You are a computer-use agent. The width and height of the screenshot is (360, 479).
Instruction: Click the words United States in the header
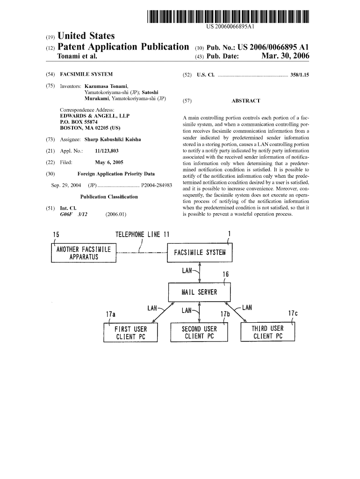click(x=85, y=36)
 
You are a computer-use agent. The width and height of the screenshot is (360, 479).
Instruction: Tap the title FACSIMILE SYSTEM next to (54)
click(x=86, y=74)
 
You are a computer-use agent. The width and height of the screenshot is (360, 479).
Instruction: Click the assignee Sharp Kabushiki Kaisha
click(x=112, y=139)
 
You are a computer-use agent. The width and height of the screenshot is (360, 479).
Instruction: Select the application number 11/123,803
click(x=106, y=151)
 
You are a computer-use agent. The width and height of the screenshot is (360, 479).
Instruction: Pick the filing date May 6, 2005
click(x=109, y=162)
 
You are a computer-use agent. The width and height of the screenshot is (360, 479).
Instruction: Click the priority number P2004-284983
click(x=156, y=185)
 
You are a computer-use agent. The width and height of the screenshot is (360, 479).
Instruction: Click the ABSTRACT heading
click(x=245, y=101)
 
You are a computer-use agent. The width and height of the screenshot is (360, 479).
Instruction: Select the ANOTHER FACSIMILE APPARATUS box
click(x=84, y=253)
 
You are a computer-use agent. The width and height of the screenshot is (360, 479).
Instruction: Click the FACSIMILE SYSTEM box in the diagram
click(x=200, y=253)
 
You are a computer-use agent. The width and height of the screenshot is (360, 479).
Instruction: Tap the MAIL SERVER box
click(x=199, y=292)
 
